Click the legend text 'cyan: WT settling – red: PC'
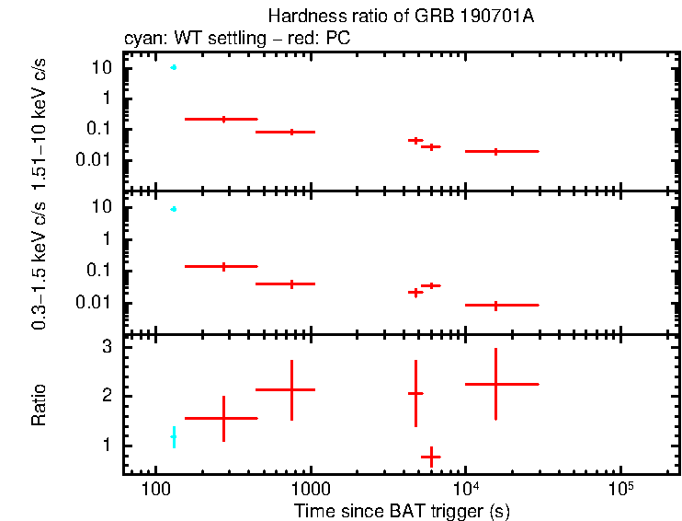(236, 39)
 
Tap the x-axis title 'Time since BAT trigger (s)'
(402, 510)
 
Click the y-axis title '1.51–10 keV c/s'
(40, 120)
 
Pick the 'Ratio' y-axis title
(40, 405)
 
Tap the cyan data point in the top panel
(173, 67)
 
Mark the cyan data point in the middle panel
(173, 209)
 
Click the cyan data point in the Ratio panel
(173, 437)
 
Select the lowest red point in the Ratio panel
(430, 457)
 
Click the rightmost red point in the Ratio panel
(495, 384)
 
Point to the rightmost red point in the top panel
(495, 151)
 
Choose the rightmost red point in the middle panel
(495, 305)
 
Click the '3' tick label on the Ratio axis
(107, 347)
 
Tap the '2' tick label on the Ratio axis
(107, 396)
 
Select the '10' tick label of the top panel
(101, 67)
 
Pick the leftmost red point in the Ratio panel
(223, 418)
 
